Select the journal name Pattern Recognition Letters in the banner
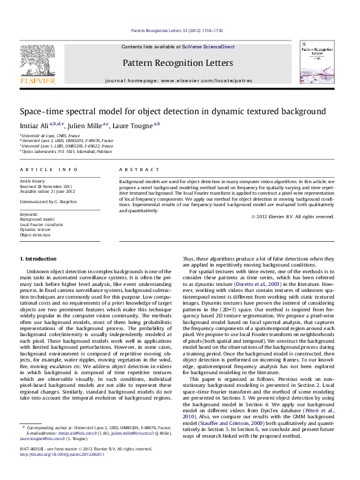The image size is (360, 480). [x=177, y=63]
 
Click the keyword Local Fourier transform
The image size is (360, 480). [x=41, y=224]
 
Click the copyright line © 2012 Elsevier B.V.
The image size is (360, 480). [x=293, y=216]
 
